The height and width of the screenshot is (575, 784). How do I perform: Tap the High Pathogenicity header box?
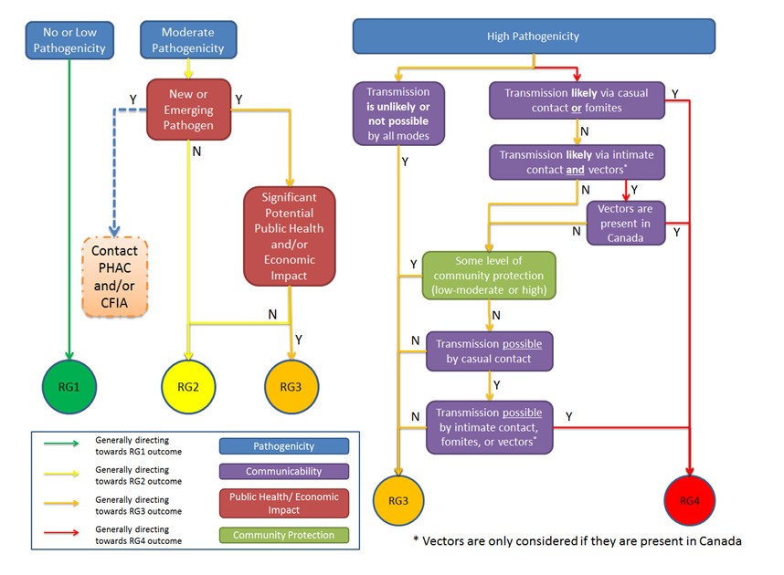[534, 37]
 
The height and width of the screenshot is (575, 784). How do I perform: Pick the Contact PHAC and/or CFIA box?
[115, 277]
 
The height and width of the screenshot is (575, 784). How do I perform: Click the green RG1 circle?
[69, 386]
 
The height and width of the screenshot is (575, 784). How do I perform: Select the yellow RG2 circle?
[189, 386]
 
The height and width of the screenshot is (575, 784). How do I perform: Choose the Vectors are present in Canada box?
[625, 223]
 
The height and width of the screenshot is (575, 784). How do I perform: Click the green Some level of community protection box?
[488, 276]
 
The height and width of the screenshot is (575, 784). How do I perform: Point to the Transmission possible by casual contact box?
[489, 351]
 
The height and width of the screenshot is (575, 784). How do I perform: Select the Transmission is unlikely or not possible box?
[397, 113]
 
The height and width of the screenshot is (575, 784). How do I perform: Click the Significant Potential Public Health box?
[289, 236]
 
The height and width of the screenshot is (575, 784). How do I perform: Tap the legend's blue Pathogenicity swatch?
[283, 446]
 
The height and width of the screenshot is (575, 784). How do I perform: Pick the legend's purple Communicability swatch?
[283, 472]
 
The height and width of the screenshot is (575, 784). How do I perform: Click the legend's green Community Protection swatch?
[283, 535]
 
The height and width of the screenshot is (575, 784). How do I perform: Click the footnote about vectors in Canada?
[577, 540]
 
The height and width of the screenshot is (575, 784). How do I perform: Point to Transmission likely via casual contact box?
[577, 99]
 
